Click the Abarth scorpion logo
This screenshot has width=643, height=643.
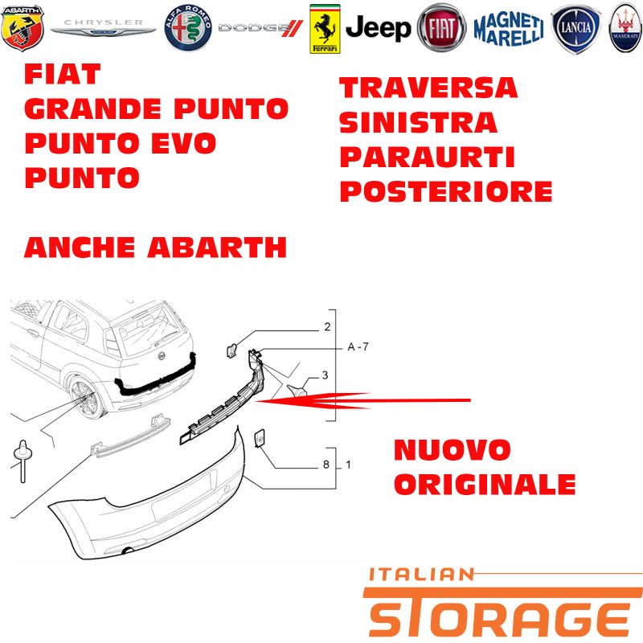[x=23, y=28]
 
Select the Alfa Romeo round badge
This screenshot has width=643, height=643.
[x=188, y=28]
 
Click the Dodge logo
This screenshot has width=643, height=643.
[x=260, y=28]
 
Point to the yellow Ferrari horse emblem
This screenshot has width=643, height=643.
[x=325, y=29]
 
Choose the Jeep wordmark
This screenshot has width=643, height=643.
[x=378, y=28]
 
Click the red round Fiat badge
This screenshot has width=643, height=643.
[x=441, y=28]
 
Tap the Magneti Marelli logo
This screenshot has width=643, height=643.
[x=509, y=28]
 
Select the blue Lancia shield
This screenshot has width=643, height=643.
[x=575, y=29]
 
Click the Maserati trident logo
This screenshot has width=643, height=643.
[x=625, y=28]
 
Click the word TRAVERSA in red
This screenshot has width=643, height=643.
[x=428, y=88]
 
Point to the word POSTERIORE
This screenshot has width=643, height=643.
[x=446, y=191]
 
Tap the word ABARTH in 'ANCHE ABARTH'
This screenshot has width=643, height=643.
[x=217, y=248]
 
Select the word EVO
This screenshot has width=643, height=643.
[x=183, y=143]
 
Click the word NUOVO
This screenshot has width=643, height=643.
[x=452, y=450]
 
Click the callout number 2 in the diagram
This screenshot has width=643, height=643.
[x=327, y=326]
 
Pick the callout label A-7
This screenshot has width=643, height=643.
[x=358, y=347]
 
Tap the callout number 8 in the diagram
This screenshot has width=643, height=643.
[x=326, y=465]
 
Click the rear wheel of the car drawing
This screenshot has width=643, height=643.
[x=85, y=397]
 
